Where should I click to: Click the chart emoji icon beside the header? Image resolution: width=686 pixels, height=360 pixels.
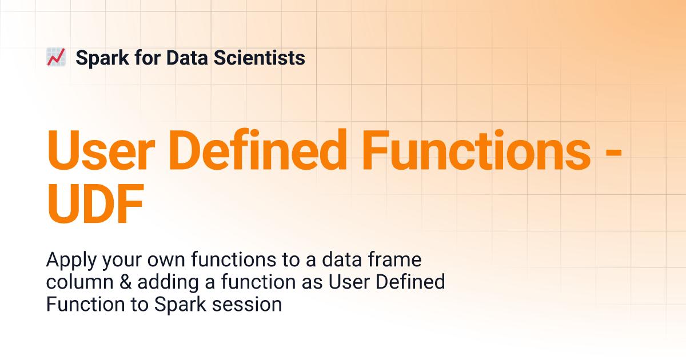pos(56,57)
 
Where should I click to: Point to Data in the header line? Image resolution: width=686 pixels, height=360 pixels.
pos(187,58)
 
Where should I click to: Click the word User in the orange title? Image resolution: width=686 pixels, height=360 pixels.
pos(101,150)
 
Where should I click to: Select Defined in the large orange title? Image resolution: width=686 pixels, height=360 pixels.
pos(258,149)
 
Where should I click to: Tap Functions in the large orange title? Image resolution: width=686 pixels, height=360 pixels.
pos(477,149)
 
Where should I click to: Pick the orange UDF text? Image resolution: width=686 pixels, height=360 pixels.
pos(95,203)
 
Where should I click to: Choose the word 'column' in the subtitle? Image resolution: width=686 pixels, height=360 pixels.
pos(80,282)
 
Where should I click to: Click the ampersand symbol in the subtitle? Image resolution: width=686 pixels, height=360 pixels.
pos(126,282)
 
